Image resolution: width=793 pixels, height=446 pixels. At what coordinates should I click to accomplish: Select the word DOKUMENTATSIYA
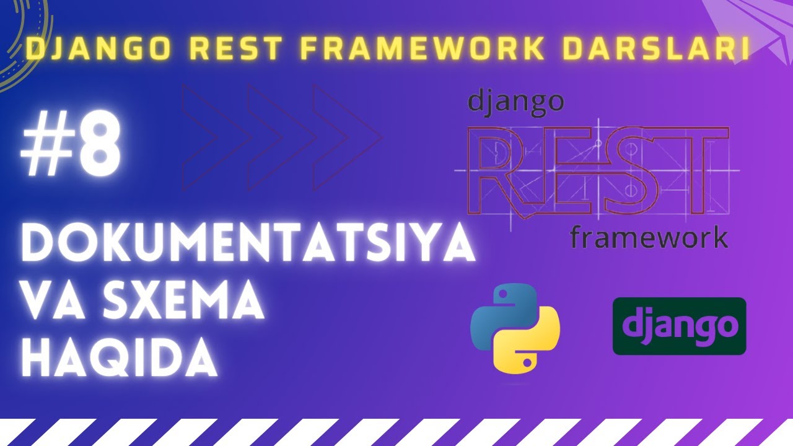(x=248, y=242)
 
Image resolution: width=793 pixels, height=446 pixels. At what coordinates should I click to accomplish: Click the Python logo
(x=515, y=328)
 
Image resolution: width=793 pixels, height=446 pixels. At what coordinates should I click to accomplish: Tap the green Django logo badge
(x=680, y=326)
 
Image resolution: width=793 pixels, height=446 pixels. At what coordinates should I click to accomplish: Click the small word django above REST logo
(x=516, y=103)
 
